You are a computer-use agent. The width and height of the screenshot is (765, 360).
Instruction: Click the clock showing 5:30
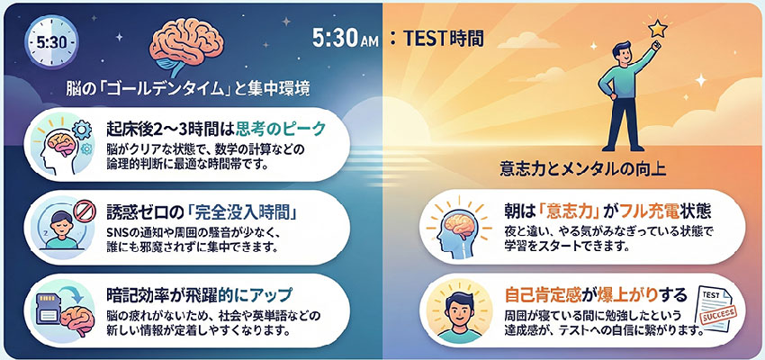point(51,42)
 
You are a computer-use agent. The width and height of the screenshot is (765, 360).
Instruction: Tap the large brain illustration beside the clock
point(187,45)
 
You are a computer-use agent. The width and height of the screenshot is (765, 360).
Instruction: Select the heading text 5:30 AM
point(346,39)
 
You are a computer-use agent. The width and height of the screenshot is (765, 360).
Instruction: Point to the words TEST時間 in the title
point(444,39)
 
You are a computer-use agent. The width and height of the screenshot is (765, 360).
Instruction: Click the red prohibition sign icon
point(81,211)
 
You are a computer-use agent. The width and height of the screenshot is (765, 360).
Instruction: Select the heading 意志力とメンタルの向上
point(583,169)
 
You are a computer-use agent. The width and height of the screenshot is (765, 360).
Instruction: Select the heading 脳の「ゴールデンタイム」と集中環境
point(187,90)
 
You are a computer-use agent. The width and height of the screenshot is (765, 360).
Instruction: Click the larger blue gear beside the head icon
point(81,129)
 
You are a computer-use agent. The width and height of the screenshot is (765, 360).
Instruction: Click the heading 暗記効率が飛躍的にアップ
point(199,295)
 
